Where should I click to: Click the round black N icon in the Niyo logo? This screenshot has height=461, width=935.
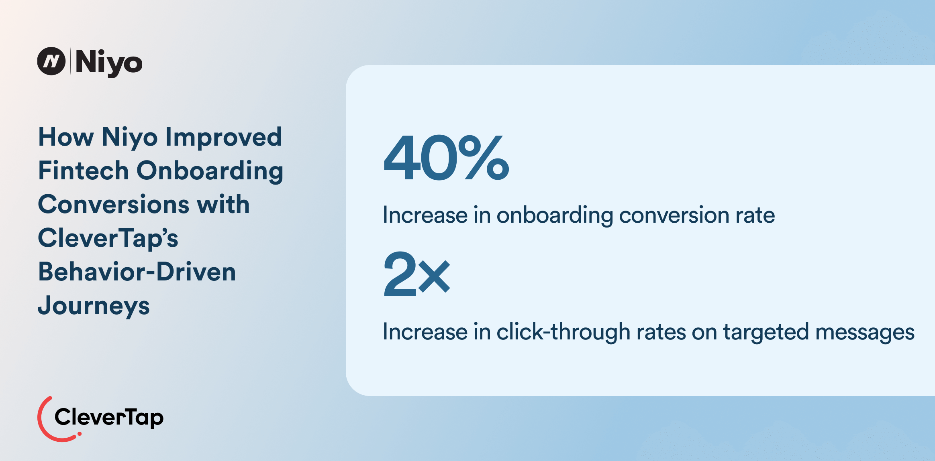point(51,61)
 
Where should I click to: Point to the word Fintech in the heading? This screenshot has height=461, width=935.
point(84,171)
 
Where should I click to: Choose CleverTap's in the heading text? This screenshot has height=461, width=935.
point(108,238)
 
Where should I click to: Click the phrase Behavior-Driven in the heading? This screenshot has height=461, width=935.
point(137,272)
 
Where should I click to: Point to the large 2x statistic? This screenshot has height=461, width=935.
point(416,274)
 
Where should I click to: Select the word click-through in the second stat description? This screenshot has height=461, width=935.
point(563,332)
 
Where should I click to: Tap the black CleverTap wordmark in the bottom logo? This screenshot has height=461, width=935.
point(109,418)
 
